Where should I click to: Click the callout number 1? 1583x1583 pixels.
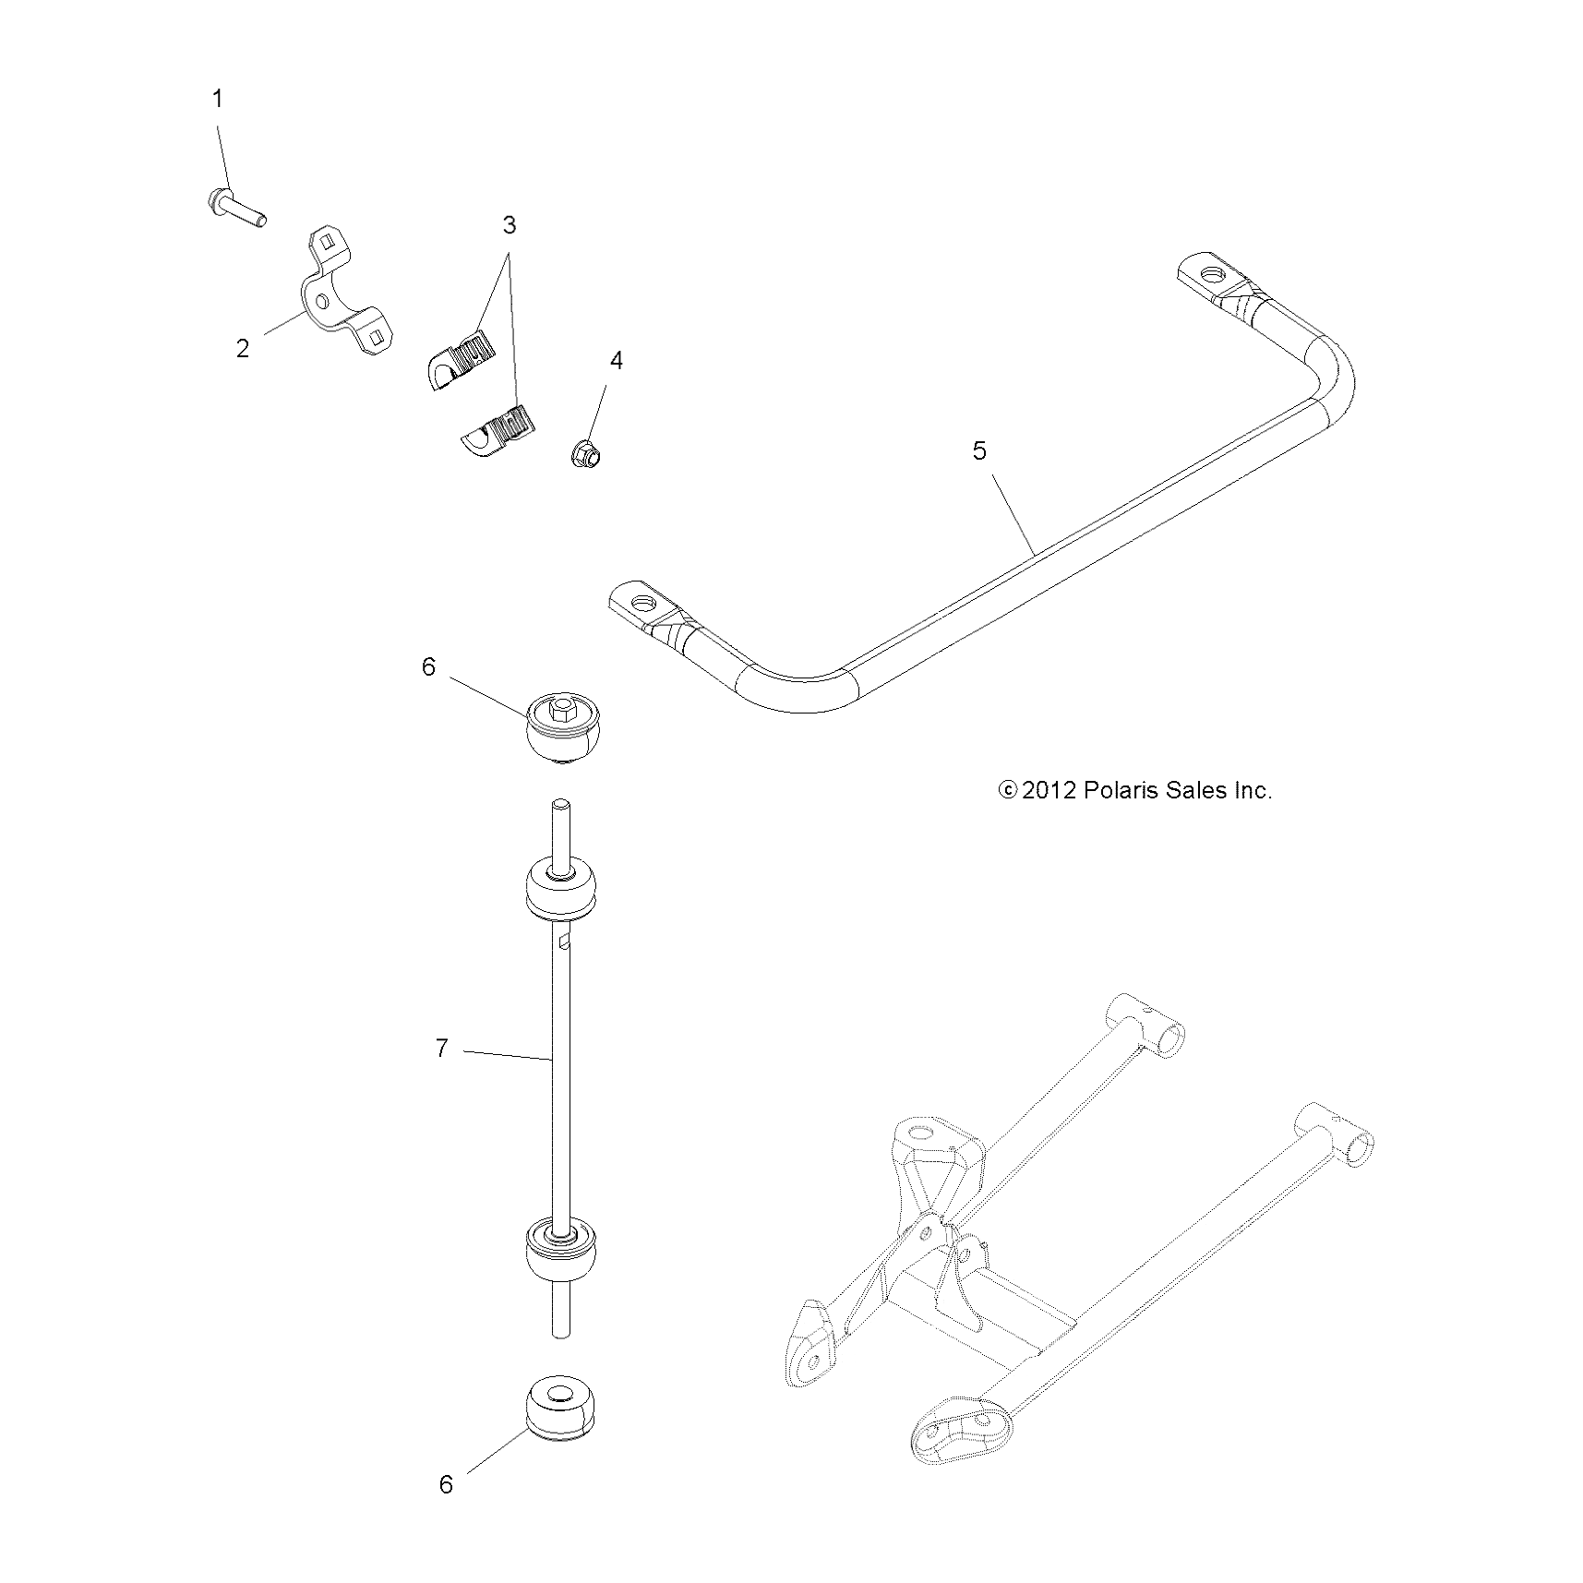(x=218, y=99)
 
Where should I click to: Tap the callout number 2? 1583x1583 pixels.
(x=242, y=349)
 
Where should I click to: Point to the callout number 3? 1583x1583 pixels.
(x=509, y=225)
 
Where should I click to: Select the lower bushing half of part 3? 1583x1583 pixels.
(x=499, y=431)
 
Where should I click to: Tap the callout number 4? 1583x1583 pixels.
(x=617, y=361)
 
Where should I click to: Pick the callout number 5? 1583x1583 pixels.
(x=979, y=450)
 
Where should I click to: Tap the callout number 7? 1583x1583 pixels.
(x=441, y=1049)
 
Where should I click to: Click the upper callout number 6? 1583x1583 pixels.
(x=428, y=666)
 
